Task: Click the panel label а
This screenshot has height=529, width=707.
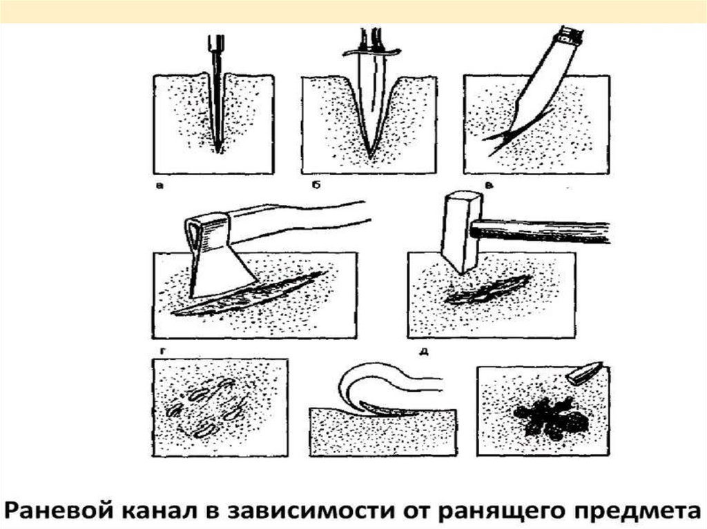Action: tap(159, 185)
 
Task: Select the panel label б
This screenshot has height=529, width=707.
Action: tap(316, 184)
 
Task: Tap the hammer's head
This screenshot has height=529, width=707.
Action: tap(461, 232)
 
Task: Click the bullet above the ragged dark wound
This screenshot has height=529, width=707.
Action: tap(584, 372)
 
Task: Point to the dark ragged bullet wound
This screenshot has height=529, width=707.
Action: tap(551, 417)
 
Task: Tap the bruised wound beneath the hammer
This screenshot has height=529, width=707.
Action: tap(487, 290)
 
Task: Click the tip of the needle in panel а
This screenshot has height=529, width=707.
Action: tap(218, 152)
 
